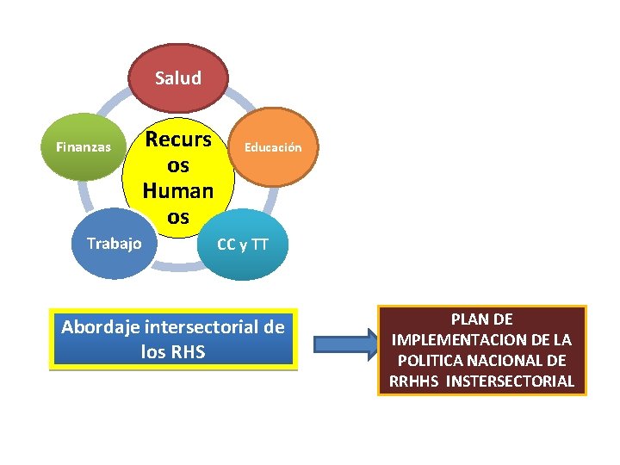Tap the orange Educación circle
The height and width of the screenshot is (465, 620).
click(x=274, y=146)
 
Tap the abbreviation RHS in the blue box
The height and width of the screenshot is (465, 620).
click(x=187, y=351)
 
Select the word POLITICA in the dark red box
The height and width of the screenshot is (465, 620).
click(x=429, y=360)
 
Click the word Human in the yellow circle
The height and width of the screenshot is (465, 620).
click(x=178, y=189)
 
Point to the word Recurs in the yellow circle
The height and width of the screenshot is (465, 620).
click(x=178, y=138)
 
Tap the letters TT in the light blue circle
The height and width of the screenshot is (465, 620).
click(x=260, y=245)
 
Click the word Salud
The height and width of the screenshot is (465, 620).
click(x=178, y=78)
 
